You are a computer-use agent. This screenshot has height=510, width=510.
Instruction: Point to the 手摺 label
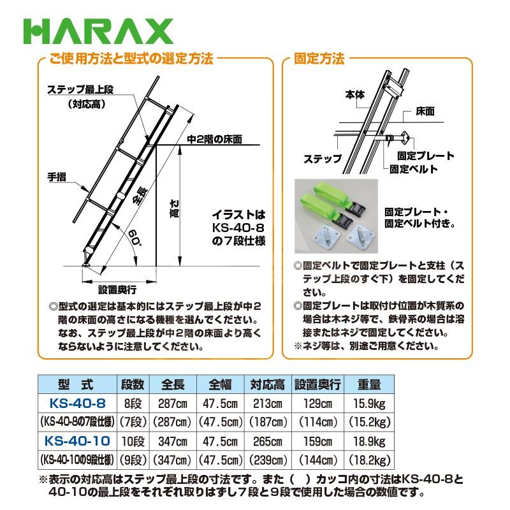57,176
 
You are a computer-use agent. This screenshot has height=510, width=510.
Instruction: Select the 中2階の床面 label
215,138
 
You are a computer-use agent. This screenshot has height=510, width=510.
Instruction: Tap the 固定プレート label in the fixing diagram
425,156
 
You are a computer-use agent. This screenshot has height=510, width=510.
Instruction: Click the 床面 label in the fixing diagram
425,110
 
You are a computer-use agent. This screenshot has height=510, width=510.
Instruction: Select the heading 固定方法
318,59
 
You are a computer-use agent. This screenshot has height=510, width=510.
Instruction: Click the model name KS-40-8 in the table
77,404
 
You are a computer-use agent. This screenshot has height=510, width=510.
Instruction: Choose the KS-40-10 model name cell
77,441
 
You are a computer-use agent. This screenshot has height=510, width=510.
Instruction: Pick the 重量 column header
369,385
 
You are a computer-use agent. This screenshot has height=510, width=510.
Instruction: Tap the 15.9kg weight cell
369,404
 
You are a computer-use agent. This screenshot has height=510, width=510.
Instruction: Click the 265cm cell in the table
266,441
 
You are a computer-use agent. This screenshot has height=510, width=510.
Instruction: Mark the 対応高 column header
266,385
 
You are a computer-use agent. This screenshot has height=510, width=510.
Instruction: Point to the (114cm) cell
317,422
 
